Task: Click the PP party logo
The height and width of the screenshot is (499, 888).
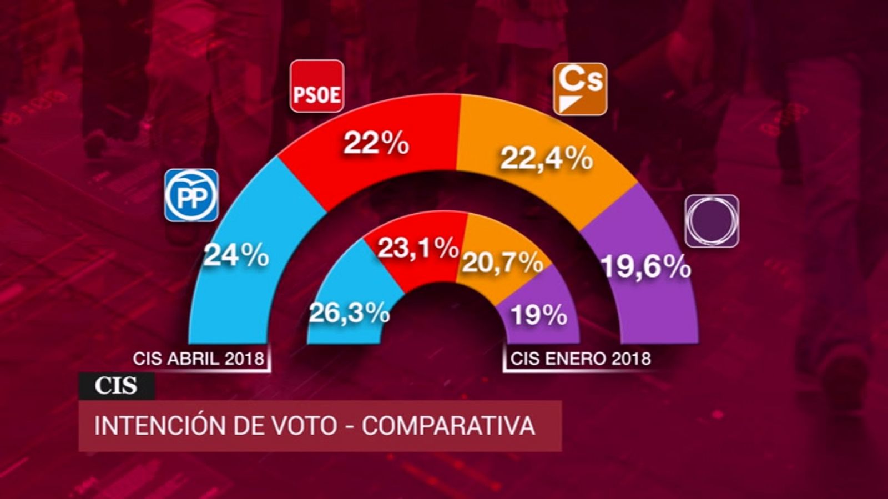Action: [191, 195]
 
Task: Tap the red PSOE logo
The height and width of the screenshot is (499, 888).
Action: [317, 86]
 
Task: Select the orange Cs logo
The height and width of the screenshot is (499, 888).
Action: [580, 89]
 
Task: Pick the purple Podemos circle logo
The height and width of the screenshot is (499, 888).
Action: [712, 221]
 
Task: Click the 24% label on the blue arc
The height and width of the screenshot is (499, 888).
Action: [236, 256]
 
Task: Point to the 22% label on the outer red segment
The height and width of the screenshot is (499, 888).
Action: [376, 143]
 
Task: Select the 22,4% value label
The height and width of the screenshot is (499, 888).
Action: [547, 159]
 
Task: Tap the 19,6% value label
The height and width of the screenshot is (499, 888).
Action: [646, 268]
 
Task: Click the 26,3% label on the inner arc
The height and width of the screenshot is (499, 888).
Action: [349, 313]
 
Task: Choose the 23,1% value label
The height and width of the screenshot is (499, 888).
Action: [418, 248]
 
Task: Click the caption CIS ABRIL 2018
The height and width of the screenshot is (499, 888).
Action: [198, 359]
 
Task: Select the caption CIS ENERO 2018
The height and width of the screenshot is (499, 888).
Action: [581, 359]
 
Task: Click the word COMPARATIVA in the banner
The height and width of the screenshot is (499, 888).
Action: [448, 426]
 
